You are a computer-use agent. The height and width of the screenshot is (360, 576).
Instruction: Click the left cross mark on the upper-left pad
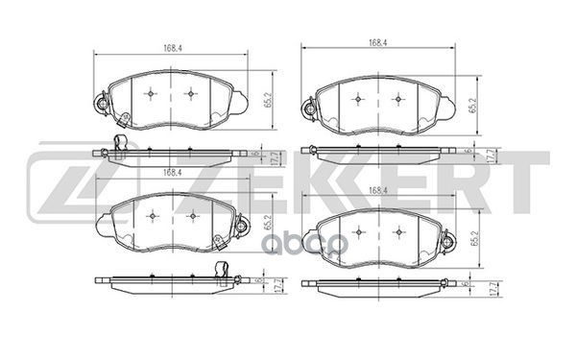click(x=154, y=94)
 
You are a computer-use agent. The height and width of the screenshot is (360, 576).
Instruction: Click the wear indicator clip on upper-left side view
click(x=120, y=146)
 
